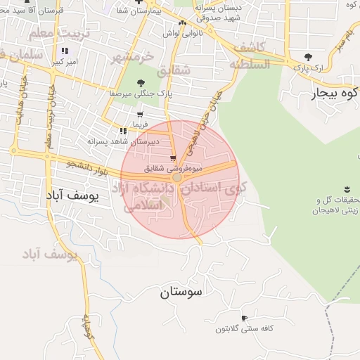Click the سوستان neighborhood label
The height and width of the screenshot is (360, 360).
[x=181, y=291]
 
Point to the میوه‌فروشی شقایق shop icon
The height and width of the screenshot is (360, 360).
[x=173, y=158]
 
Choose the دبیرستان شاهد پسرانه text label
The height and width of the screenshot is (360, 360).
[x=120, y=141]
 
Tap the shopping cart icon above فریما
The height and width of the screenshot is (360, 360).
[x=141, y=114]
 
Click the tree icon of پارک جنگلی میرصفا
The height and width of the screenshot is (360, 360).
[x=141, y=83]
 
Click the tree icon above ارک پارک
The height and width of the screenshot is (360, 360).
[x=308, y=57]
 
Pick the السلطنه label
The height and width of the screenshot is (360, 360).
[x=249, y=64]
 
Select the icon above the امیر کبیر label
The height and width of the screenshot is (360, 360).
[x=65, y=51]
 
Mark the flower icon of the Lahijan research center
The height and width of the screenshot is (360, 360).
[x=346, y=188]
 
